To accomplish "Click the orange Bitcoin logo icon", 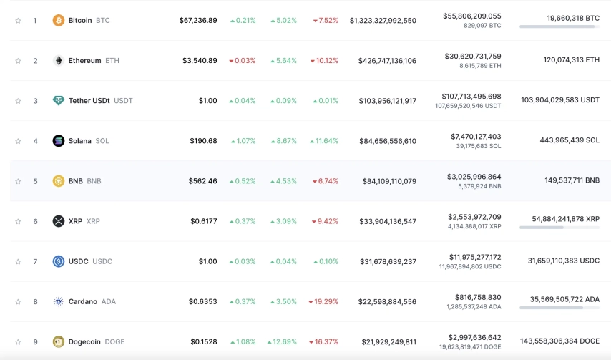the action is pyautogui.click(x=59, y=20).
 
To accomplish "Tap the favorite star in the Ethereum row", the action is pyautogui.click(x=18, y=61).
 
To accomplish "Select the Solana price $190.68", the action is pyautogui.click(x=203, y=141).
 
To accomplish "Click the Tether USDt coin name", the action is pyautogui.click(x=89, y=100).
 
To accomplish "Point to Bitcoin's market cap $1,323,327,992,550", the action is pyautogui.click(x=383, y=21).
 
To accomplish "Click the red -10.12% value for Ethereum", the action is pyautogui.click(x=324, y=61).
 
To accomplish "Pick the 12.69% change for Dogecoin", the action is pyautogui.click(x=282, y=341).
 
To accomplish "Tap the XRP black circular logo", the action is pyautogui.click(x=59, y=221).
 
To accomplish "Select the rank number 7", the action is pyautogui.click(x=36, y=261).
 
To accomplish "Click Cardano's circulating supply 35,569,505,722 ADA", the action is pyautogui.click(x=564, y=299).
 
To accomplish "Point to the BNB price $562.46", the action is pyautogui.click(x=202, y=181).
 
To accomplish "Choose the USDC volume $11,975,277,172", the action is pyautogui.click(x=475, y=257).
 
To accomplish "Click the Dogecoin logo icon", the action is pyautogui.click(x=59, y=341).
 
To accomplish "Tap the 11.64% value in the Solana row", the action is pyautogui.click(x=324, y=141).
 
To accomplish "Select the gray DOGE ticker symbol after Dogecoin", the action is pyautogui.click(x=114, y=341).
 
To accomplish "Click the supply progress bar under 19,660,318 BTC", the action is pyautogui.click(x=559, y=26).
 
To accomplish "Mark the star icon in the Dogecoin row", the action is pyautogui.click(x=18, y=342).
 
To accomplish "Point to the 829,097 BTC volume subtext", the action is pyautogui.click(x=482, y=26).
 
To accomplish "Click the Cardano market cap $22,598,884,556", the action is pyautogui.click(x=387, y=301).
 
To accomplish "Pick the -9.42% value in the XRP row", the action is pyautogui.click(x=325, y=221).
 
